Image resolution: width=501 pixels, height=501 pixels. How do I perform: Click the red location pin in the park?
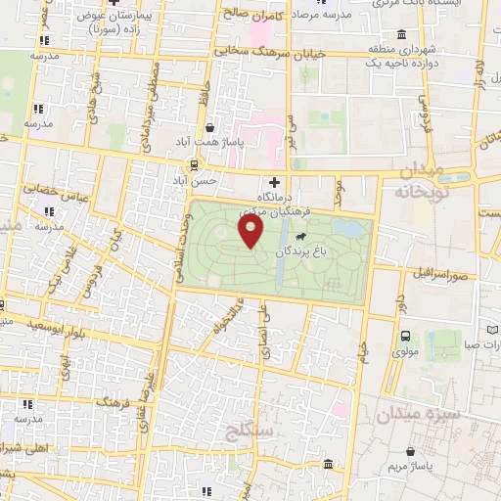(x=251, y=231)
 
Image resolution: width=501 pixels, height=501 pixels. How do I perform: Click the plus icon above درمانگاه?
(x=274, y=182)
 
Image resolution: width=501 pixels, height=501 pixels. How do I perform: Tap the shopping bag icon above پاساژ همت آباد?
(x=209, y=127)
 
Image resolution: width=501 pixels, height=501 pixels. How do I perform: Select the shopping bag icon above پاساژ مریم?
(x=409, y=451)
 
